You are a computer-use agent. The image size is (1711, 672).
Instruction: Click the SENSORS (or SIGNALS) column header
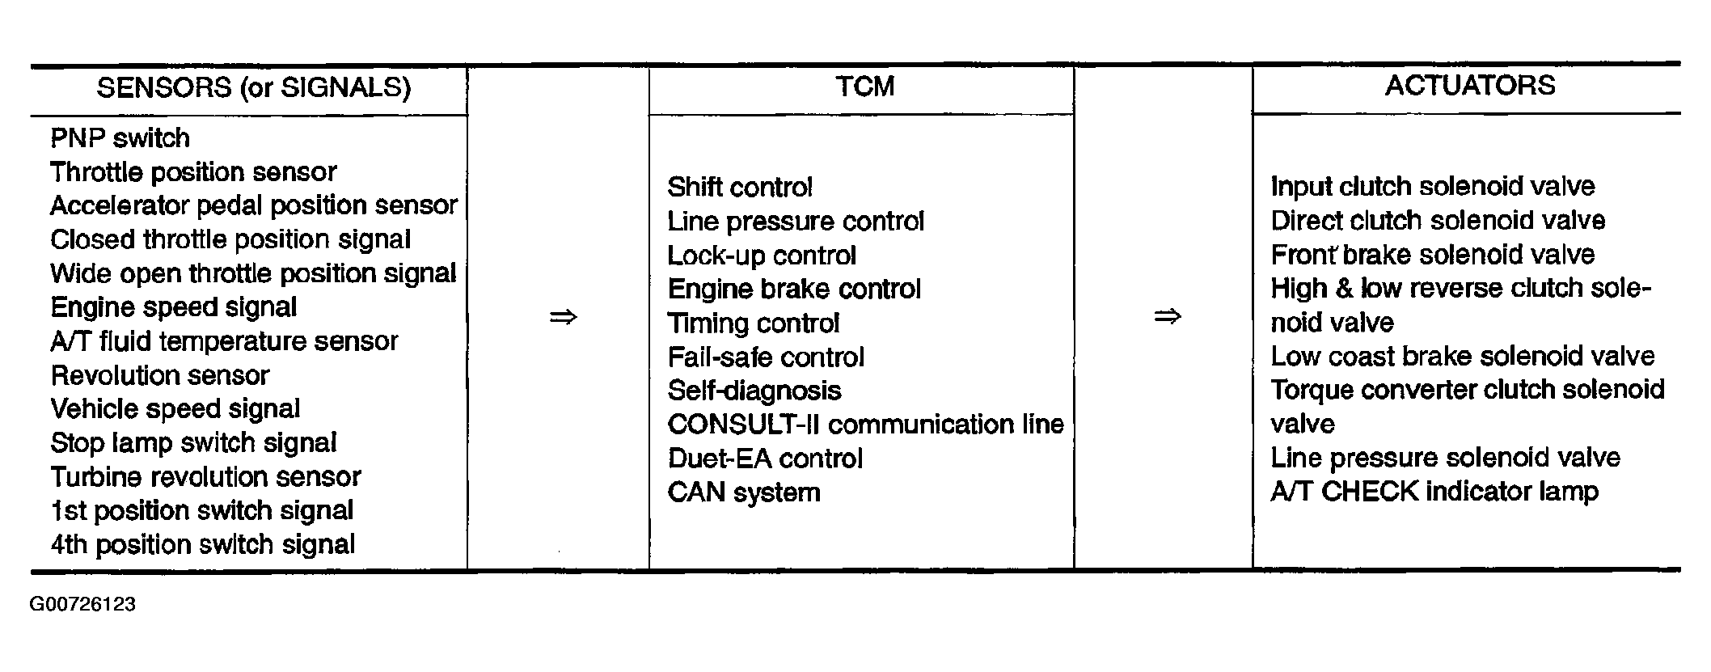point(253,87)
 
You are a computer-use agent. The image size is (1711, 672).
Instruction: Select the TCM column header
point(864,87)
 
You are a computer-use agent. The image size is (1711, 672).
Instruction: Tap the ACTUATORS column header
point(1469,85)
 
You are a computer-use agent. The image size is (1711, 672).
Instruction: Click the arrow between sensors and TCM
point(563,317)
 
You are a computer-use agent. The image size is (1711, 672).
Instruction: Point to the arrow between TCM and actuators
point(1167,316)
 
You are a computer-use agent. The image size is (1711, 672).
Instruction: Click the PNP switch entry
point(120,138)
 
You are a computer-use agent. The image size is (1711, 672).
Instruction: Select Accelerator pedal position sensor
point(253,205)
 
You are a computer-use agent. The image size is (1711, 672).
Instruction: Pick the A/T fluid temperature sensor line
point(223,341)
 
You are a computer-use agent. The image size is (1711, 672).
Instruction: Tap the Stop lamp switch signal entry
point(193,443)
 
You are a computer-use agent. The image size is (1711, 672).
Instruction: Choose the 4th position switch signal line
point(202,544)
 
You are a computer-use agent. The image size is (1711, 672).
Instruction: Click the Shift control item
point(739,188)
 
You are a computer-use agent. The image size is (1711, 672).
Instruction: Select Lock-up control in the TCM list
point(761,256)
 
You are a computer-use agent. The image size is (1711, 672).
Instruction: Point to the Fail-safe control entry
point(765,357)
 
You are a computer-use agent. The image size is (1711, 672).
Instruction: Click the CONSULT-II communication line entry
point(864,425)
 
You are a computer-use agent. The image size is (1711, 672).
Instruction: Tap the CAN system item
point(743,492)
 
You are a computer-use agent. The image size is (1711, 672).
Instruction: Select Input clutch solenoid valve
point(1432,187)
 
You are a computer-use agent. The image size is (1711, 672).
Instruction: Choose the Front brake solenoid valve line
point(1432,255)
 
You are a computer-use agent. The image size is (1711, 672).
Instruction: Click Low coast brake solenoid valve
point(1462,357)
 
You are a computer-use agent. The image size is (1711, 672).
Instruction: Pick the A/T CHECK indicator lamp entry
point(1434,492)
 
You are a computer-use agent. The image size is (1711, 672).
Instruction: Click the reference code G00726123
point(82,605)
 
